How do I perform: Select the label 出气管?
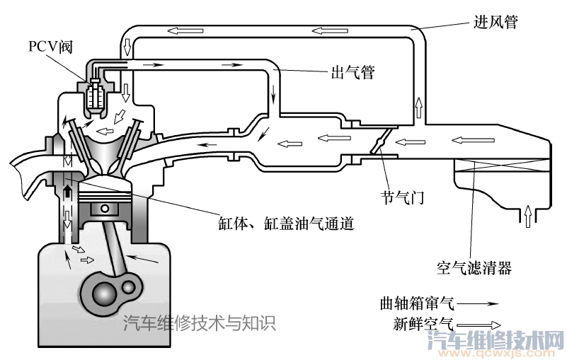pos(353,71)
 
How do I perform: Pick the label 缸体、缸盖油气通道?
pos(285,224)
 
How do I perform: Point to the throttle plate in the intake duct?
pos(379,143)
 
